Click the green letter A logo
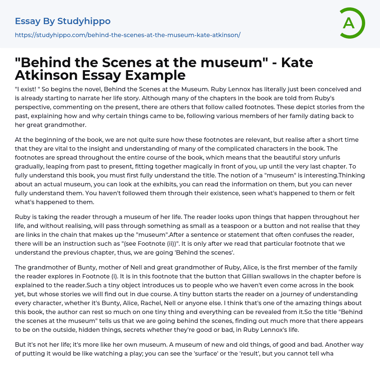click(x=352, y=23)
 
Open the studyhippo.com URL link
click(x=128, y=35)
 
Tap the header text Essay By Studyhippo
click(x=63, y=21)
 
